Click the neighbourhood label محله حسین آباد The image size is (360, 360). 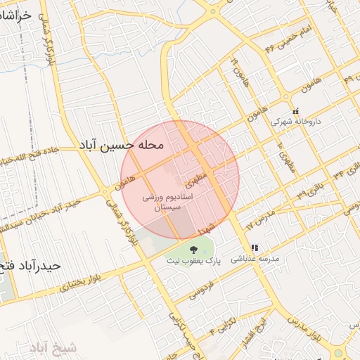(121, 145)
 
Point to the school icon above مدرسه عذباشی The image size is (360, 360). (255, 247)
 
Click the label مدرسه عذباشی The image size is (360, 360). (260, 259)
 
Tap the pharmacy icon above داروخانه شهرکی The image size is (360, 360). (295, 110)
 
